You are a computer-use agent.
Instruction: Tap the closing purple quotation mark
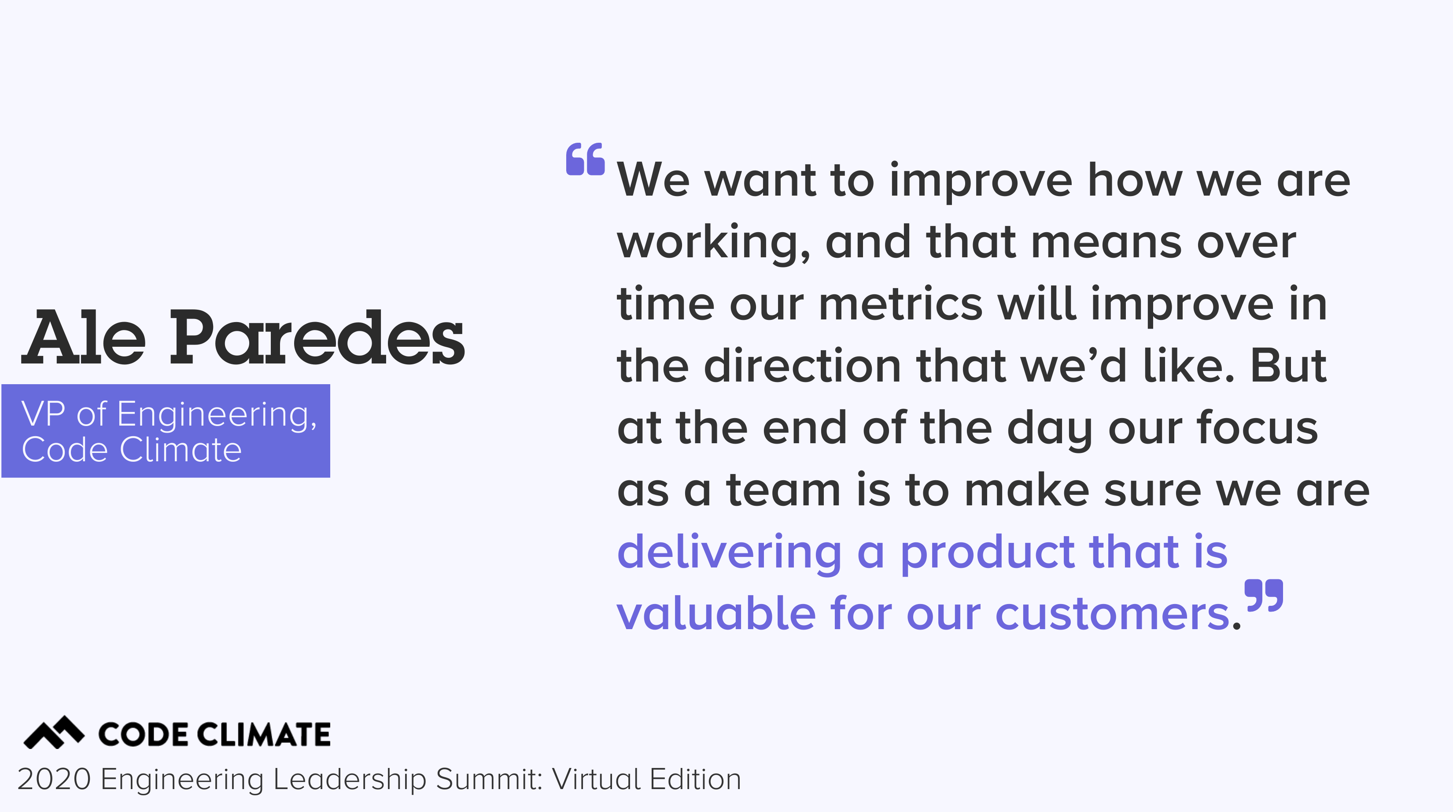(x=1264, y=595)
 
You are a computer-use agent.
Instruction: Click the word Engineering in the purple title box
(x=217, y=415)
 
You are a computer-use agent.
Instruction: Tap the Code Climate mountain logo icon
(x=54, y=732)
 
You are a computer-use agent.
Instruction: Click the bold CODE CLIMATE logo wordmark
(x=214, y=735)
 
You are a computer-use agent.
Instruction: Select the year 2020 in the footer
(x=54, y=779)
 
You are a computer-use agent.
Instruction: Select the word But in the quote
(x=1288, y=366)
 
